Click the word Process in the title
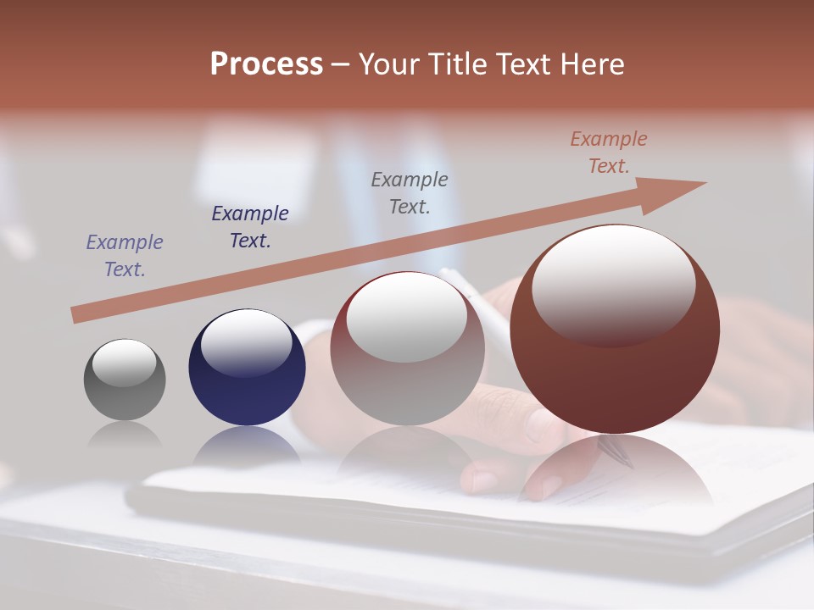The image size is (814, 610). tap(266, 64)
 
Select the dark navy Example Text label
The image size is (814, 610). tap(250, 227)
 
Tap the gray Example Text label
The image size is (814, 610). tap(410, 192)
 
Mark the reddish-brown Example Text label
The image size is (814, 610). tap(609, 152)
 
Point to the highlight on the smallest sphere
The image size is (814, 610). tap(124, 363)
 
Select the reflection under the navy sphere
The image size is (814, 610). tap(246, 445)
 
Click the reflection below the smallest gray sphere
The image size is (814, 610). tap(125, 435)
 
